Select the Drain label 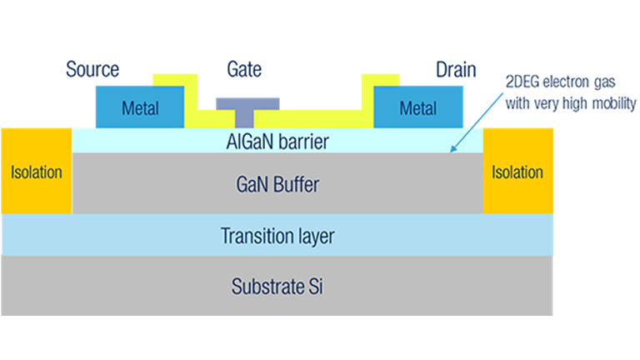(x=455, y=69)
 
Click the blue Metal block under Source (x=140, y=107)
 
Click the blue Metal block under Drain (x=417, y=107)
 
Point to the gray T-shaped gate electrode (x=247, y=108)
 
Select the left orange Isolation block (x=37, y=172)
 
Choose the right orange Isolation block (x=517, y=172)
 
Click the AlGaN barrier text (x=277, y=142)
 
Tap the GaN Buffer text (x=277, y=184)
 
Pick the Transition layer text (x=277, y=237)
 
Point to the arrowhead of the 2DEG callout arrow (x=452, y=152)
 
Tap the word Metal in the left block (x=140, y=108)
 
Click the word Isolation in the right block (x=517, y=173)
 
